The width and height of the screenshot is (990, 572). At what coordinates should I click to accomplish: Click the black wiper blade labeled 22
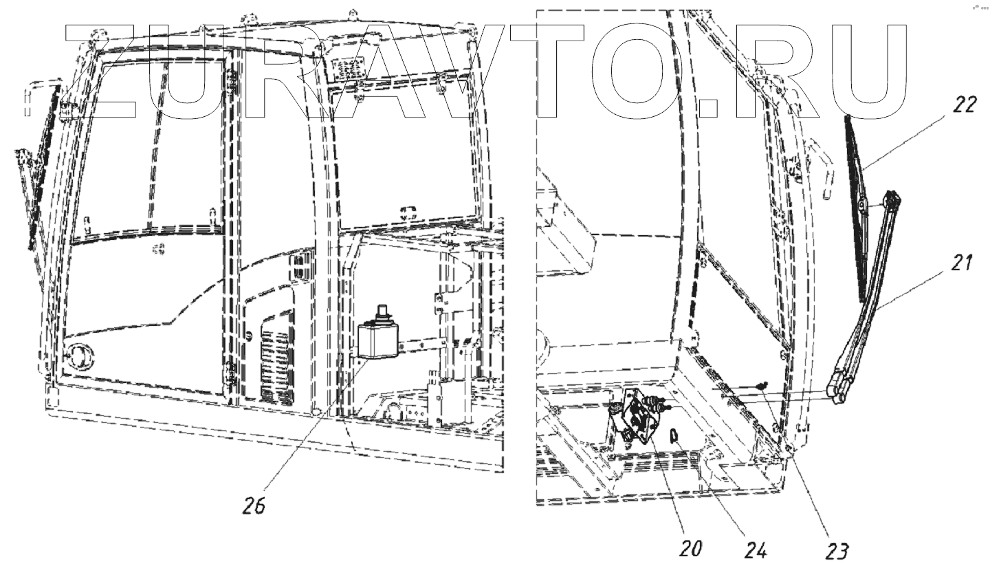(x=858, y=206)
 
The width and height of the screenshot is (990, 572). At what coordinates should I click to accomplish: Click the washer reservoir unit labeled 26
(x=378, y=338)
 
